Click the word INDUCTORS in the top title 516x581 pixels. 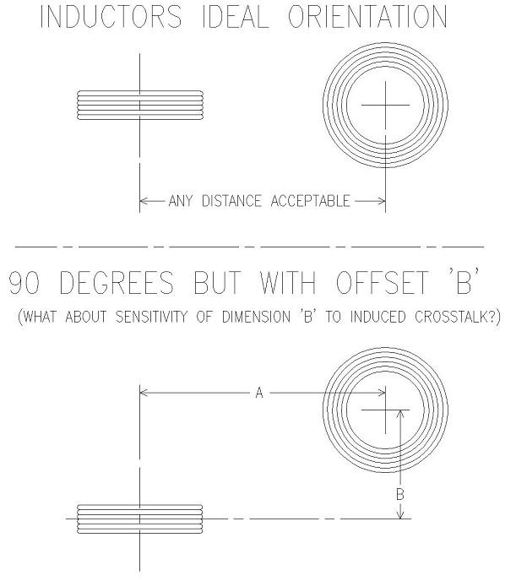click(x=111, y=17)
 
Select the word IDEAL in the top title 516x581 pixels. click(x=236, y=17)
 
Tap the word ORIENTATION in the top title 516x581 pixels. click(x=368, y=17)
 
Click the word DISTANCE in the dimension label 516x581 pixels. click(x=231, y=201)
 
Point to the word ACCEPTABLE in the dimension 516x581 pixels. click(x=311, y=201)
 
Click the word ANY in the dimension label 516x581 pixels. click(x=181, y=201)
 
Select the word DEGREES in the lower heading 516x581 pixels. click(x=117, y=282)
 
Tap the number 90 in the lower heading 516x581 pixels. click(x=24, y=282)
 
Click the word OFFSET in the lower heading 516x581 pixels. click(x=383, y=282)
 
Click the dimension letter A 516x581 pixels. click(x=259, y=393)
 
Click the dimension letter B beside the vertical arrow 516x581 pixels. click(x=400, y=494)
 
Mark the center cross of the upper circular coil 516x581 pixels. click(x=386, y=106)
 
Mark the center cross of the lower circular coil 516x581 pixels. click(x=386, y=410)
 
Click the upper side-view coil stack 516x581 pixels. click(x=140, y=106)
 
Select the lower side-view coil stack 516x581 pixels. click(x=140, y=519)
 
